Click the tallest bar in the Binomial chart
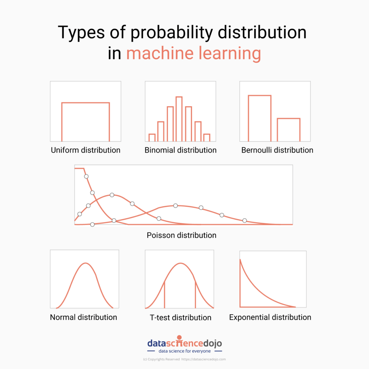[179, 119]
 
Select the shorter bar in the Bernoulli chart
[288, 130]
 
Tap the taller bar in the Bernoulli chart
[260, 118]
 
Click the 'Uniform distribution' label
[85, 150]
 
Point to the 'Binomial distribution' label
[181, 150]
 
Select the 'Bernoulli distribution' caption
[277, 150]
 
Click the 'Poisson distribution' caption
[181, 235]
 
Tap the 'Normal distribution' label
[83, 317]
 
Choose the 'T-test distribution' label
[181, 317]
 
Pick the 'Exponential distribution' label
[270, 317]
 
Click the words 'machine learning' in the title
[194, 53]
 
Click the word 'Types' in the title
[81, 33]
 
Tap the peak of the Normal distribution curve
[85, 263]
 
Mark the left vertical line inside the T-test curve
[164, 295]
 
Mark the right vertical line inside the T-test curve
[195, 295]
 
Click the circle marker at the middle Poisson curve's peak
[112, 195]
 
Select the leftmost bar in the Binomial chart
[152, 138]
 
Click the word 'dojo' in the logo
[212, 343]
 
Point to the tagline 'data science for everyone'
[185, 351]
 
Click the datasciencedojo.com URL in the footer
[203, 359]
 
